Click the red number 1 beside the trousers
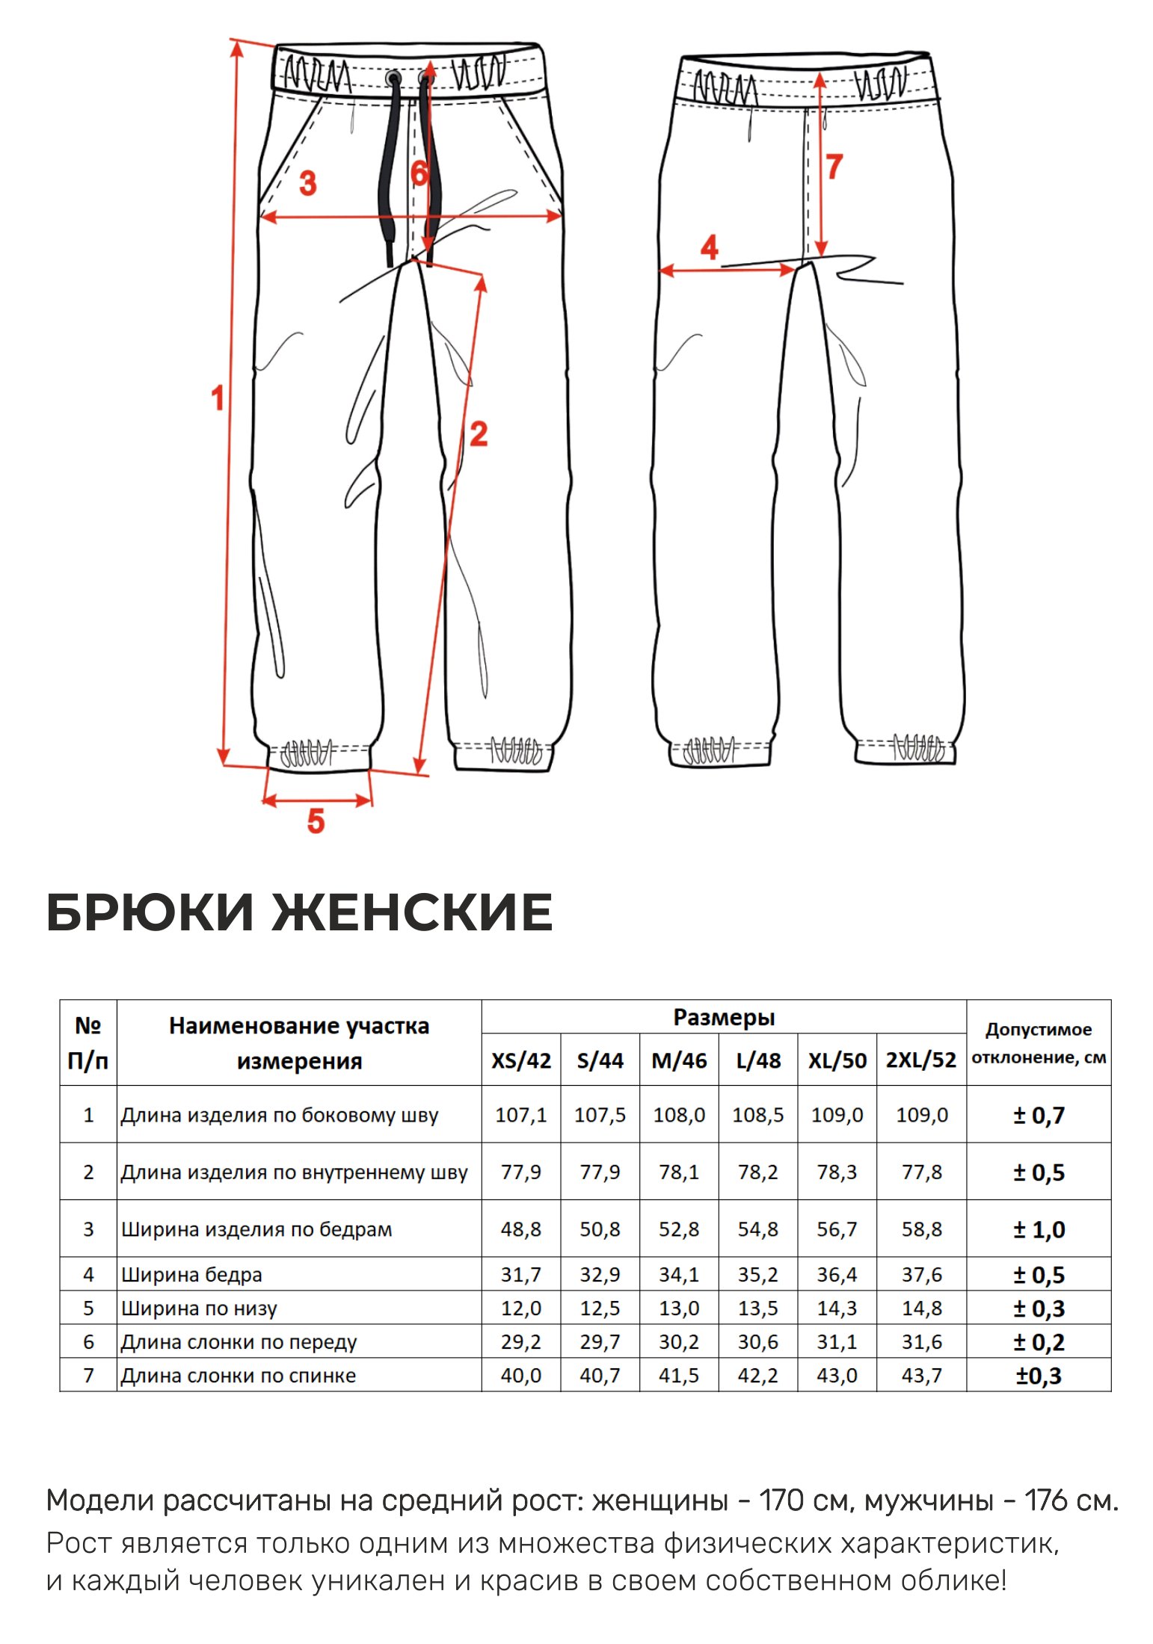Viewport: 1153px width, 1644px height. pyautogui.click(x=218, y=398)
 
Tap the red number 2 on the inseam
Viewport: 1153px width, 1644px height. pyautogui.click(x=479, y=434)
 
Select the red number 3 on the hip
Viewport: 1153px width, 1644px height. pyautogui.click(x=307, y=183)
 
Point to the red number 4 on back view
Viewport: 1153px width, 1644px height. pyautogui.click(x=709, y=247)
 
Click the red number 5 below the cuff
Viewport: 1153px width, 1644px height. pyautogui.click(x=316, y=821)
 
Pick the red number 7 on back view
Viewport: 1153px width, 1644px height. pyautogui.click(x=834, y=167)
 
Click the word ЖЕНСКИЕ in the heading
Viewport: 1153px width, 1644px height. pyautogui.click(x=412, y=912)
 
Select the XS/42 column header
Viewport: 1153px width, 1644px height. pyautogui.click(x=521, y=1060)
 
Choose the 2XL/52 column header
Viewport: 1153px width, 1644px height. pyautogui.click(x=921, y=1060)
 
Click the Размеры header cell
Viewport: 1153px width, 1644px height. pyautogui.click(x=724, y=1018)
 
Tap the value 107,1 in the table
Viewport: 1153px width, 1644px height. pyautogui.click(x=521, y=1116)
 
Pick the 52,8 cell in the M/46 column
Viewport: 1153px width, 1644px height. pyautogui.click(x=679, y=1229)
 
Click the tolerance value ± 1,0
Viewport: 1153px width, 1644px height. pyautogui.click(x=1039, y=1230)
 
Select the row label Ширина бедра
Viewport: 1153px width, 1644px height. pyautogui.click(x=191, y=1275)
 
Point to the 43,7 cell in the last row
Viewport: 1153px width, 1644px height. pyautogui.click(x=921, y=1376)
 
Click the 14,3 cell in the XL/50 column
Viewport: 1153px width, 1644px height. pyautogui.click(x=837, y=1308)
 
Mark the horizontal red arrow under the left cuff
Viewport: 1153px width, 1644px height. pyautogui.click(x=317, y=800)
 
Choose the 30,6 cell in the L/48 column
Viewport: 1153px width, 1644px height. pyautogui.click(x=757, y=1342)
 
